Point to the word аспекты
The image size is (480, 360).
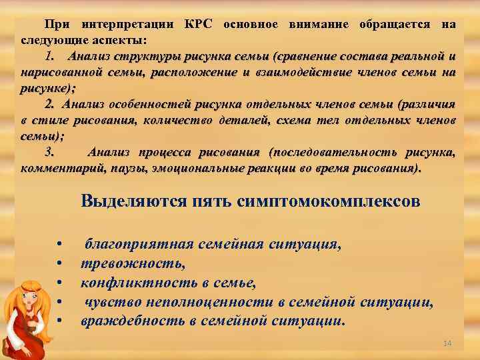point(121,39)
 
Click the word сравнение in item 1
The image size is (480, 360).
point(312,55)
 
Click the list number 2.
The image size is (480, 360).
point(49,104)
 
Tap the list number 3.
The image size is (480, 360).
point(49,153)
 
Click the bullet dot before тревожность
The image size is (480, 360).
point(60,264)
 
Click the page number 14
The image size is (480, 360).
point(447,343)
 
